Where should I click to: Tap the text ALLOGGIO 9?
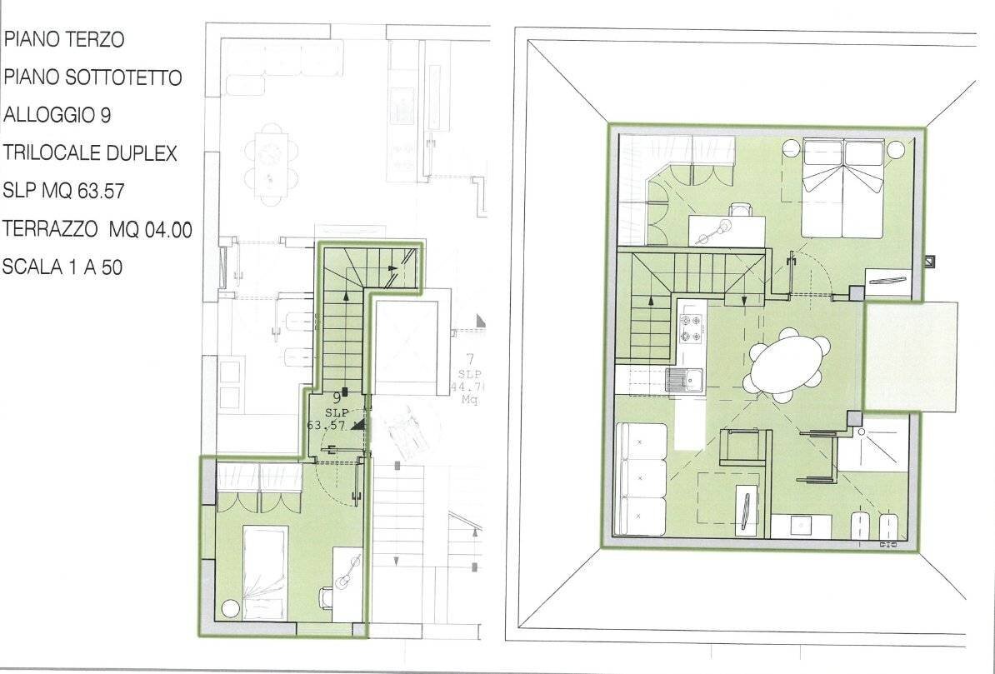tap(57, 115)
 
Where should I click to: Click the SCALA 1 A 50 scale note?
tap(62, 267)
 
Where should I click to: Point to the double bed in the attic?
tap(842, 188)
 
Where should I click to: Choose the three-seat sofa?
tap(641, 479)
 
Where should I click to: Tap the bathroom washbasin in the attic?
tap(800, 526)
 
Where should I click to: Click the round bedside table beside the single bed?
tap(230, 609)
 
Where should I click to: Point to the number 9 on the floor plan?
tap(337, 398)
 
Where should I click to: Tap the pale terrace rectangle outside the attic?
tap(910, 356)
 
